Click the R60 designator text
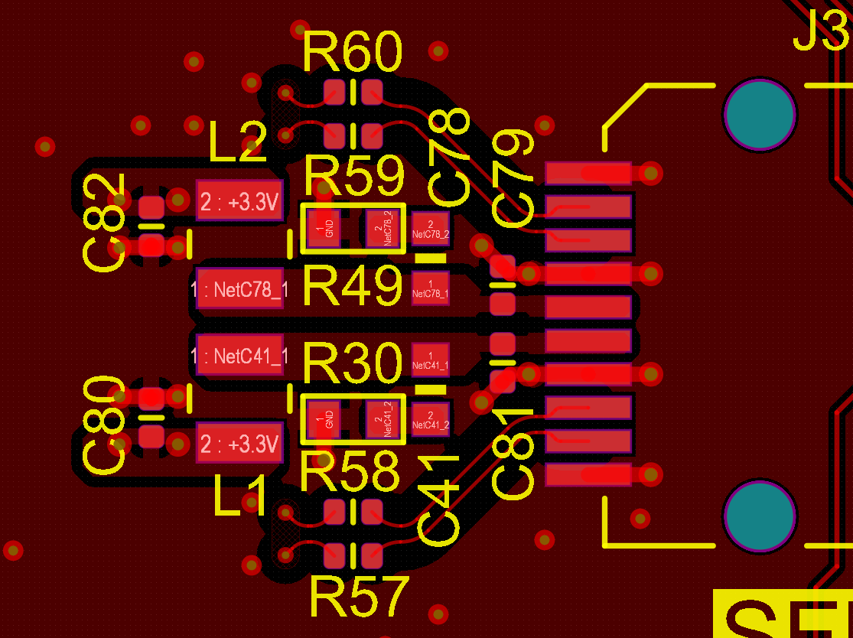tap(353, 54)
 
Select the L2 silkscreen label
tap(238, 143)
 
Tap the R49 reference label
tap(353, 288)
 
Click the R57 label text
tap(359, 597)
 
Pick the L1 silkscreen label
tap(241, 496)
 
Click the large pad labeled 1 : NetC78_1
tap(240, 288)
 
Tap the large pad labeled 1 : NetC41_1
tap(240, 355)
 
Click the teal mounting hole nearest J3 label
tap(760, 114)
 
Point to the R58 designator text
tap(350, 471)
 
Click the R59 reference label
tap(354, 177)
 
